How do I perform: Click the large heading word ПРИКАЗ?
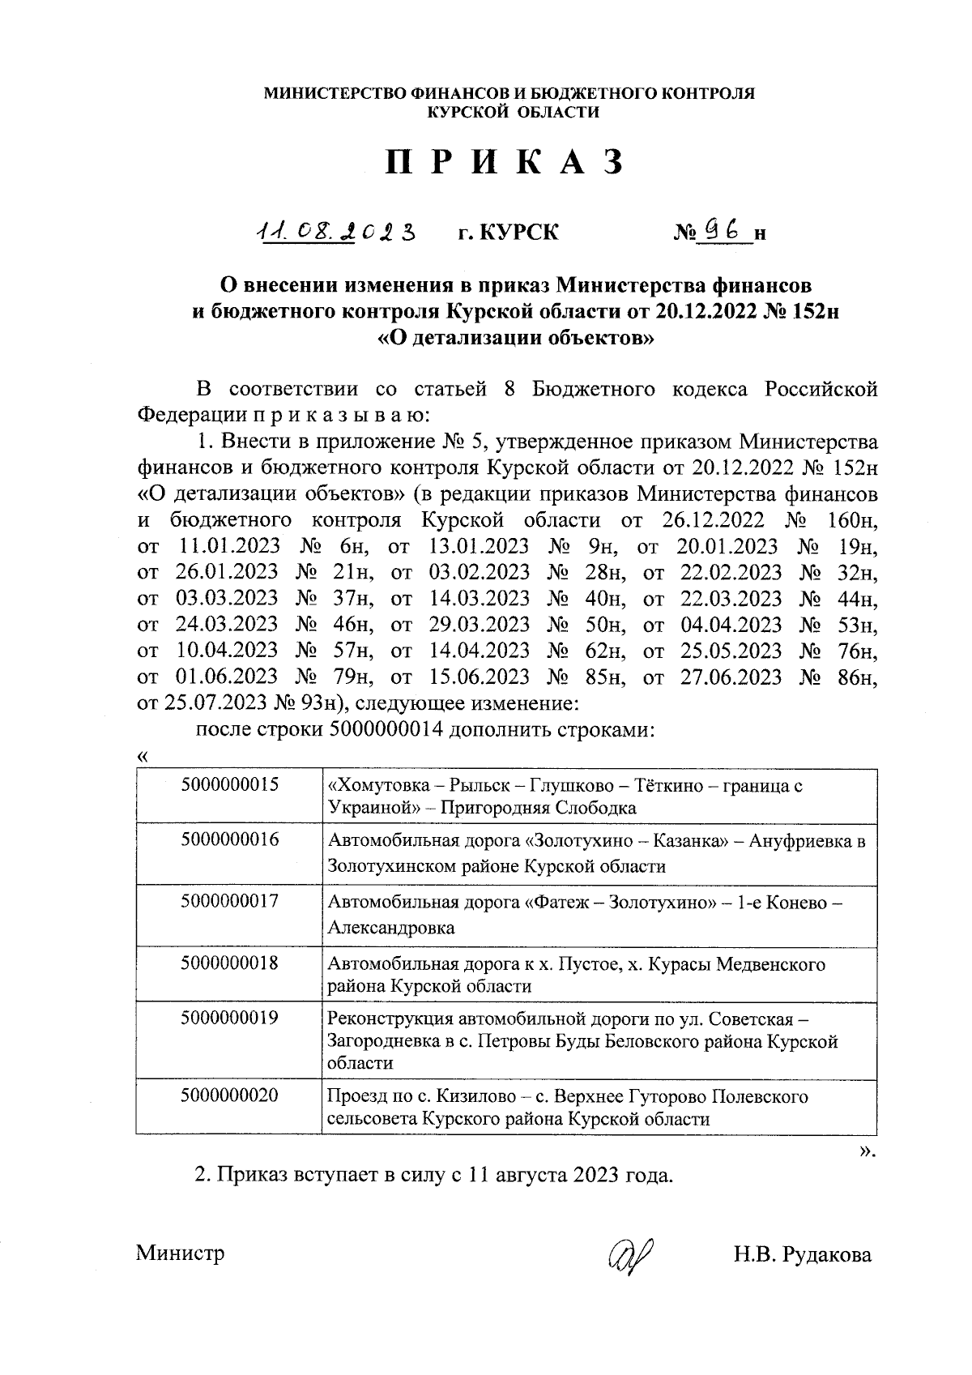coord(505,163)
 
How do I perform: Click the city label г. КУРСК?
coord(508,233)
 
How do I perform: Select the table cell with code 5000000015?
coord(230,784)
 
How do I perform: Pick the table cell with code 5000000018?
coord(230,963)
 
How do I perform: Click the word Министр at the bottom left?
coord(180,1253)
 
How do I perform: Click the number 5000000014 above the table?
coord(386,729)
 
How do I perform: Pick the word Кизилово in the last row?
coord(475,1096)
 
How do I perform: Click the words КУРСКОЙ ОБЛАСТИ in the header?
coord(514,113)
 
